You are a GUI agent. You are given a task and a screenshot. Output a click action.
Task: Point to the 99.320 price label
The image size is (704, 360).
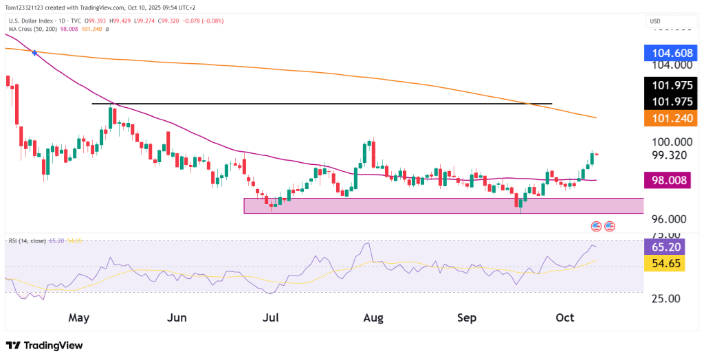click(670, 155)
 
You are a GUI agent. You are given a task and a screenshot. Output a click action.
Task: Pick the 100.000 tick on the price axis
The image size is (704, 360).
click(670, 142)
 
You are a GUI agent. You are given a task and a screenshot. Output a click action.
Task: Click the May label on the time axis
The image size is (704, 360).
click(79, 318)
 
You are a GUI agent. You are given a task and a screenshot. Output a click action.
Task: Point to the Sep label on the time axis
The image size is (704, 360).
click(467, 318)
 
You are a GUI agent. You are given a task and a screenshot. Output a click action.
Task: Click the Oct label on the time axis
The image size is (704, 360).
click(564, 318)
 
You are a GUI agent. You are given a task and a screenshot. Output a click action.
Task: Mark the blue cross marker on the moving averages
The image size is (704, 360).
click(35, 53)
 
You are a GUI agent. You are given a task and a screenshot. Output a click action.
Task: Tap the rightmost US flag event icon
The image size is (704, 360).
click(610, 226)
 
